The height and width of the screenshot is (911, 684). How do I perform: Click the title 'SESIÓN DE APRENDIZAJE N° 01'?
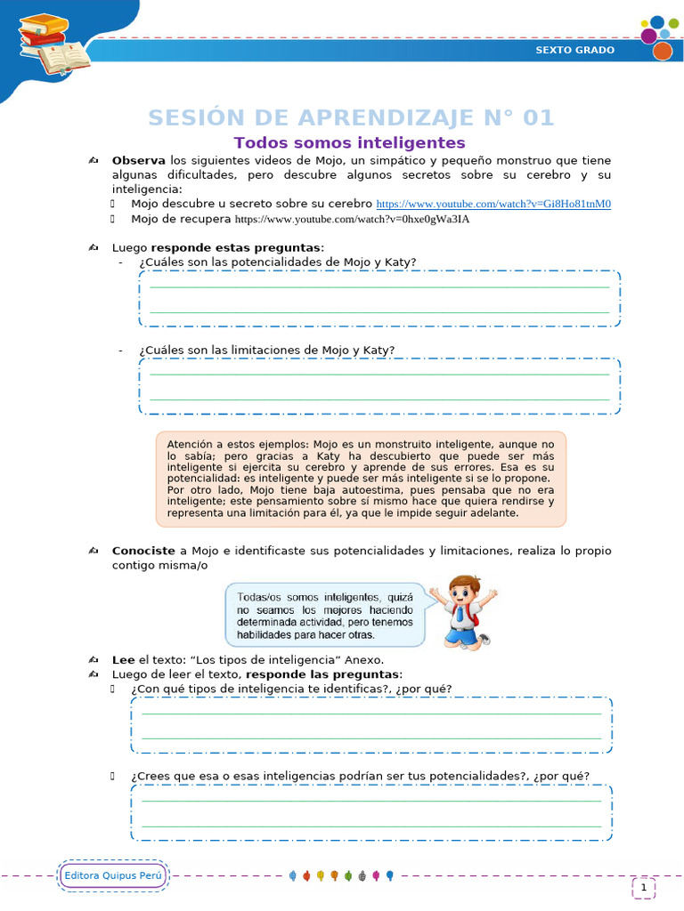pyautogui.click(x=350, y=117)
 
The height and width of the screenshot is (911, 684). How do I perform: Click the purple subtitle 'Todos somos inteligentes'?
pyautogui.click(x=349, y=142)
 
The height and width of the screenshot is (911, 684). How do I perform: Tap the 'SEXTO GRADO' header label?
pyautogui.click(x=574, y=50)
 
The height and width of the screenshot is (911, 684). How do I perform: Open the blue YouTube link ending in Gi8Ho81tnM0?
pyautogui.click(x=493, y=204)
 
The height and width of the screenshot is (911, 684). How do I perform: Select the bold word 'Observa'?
pyautogui.click(x=138, y=160)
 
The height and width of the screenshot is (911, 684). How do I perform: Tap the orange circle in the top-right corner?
pyautogui.click(x=662, y=52)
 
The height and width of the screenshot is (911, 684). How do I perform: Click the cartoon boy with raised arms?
pyautogui.click(x=463, y=611)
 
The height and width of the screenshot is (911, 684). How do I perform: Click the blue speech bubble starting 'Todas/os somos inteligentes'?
pyautogui.click(x=325, y=615)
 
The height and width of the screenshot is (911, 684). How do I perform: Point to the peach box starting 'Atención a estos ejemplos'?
pyautogui.click(x=361, y=479)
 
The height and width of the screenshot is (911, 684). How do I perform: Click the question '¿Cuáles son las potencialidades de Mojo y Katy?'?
pyautogui.click(x=277, y=262)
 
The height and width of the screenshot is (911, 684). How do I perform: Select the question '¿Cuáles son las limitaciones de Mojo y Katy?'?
pyautogui.click(x=266, y=350)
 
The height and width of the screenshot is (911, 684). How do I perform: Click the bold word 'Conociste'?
pyautogui.click(x=142, y=551)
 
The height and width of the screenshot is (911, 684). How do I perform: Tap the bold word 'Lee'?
pyautogui.click(x=123, y=659)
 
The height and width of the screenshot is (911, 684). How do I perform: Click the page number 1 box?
pyautogui.click(x=643, y=887)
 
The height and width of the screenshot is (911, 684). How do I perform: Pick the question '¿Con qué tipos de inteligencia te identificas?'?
pyautogui.click(x=290, y=689)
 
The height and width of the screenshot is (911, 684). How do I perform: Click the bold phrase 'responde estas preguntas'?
pyautogui.click(x=236, y=246)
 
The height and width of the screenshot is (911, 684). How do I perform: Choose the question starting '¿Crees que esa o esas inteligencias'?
pyautogui.click(x=359, y=775)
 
